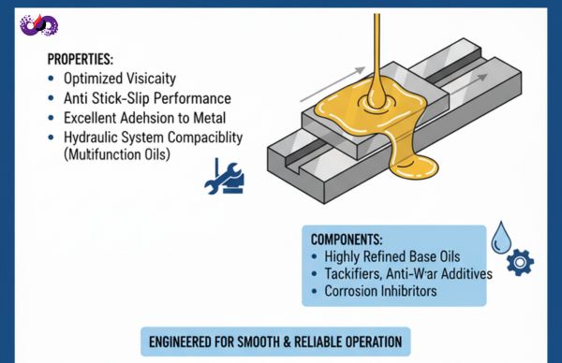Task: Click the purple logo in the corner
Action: (x=39, y=25)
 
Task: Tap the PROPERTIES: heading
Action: (x=81, y=59)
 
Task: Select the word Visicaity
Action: (x=151, y=79)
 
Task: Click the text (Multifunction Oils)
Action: (x=117, y=154)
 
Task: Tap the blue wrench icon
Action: (x=224, y=177)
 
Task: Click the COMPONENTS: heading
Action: (x=347, y=240)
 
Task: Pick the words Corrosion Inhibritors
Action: (x=380, y=291)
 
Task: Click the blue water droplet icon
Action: (x=501, y=238)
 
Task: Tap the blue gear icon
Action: (x=520, y=262)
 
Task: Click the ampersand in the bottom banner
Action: (x=287, y=341)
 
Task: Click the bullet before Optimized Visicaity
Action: (x=51, y=79)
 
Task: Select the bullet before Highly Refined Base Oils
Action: (x=315, y=256)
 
